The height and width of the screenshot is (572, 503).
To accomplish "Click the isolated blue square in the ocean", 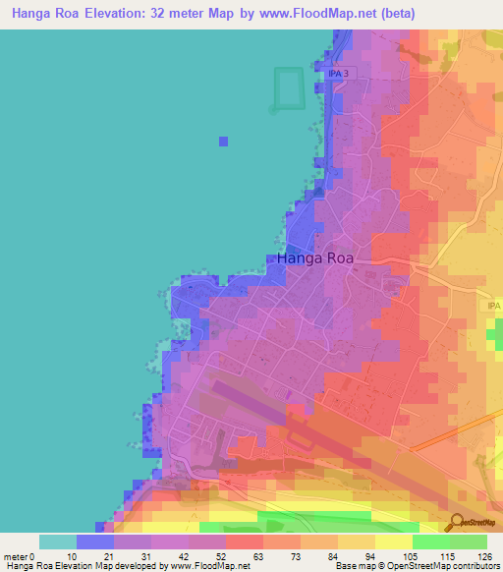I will pos(224,142).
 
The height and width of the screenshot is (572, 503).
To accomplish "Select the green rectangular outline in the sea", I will pos(287,88).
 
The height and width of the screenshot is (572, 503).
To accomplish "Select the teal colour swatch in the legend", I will pos(58,542).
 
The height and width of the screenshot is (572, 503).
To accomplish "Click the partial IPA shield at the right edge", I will pos(494,306).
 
